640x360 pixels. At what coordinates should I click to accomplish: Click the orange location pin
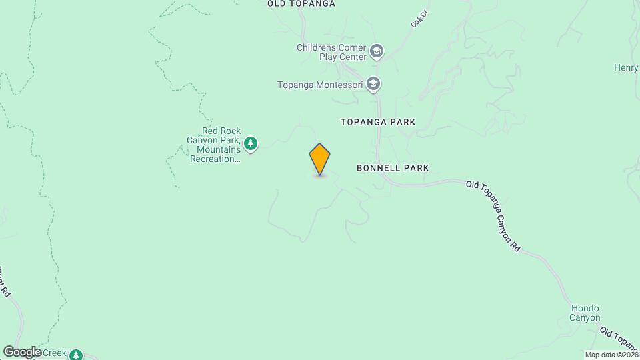(x=320, y=159)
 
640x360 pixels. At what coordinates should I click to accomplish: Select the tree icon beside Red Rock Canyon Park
(x=251, y=143)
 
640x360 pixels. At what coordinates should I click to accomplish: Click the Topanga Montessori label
(x=320, y=85)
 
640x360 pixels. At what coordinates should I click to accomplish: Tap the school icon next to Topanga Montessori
(x=373, y=84)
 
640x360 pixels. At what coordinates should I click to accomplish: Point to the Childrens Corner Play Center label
(x=331, y=52)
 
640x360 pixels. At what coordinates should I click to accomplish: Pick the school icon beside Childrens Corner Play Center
(x=377, y=51)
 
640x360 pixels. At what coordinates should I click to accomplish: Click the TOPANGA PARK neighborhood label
(x=378, y=122)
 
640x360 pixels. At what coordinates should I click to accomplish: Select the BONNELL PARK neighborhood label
(x=392, y=168)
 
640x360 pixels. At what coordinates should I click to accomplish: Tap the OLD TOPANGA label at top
(x=301, y=4)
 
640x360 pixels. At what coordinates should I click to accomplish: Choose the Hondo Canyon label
(x=585, y=313)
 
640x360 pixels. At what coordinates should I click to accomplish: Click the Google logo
(x=21, y=351)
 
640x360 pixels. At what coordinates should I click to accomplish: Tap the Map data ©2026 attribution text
(x=611, y=354)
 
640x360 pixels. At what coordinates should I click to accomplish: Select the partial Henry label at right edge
(x=627, y=67)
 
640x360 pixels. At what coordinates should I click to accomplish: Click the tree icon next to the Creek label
(x=77, y=355)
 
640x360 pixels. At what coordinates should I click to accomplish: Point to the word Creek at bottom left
(x=55, y=353)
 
